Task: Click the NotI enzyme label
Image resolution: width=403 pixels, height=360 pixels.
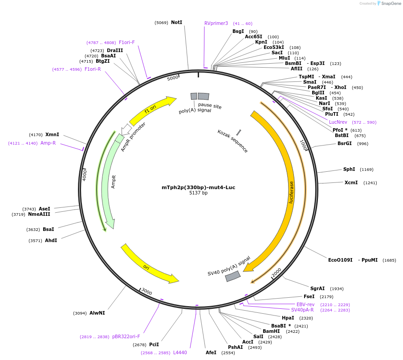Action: pos(176,22)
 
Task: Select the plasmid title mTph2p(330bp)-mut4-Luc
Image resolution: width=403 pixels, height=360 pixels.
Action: pos(198,187)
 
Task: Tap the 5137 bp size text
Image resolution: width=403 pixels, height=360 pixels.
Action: pos(198,193)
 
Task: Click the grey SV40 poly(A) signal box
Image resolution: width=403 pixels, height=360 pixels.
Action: pos(232,276)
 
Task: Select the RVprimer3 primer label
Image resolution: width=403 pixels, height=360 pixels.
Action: pos(216,23)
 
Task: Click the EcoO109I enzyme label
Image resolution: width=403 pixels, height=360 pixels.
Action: pos(340,260)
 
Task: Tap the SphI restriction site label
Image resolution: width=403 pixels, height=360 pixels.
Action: pos(349,169)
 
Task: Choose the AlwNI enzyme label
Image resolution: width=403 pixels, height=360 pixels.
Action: pos(97,313)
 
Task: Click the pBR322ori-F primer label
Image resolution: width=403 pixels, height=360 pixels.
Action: pos(126,336)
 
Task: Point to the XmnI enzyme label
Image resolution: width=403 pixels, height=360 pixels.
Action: pos(52,134)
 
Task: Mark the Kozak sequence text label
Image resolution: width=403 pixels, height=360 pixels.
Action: pos(232,141)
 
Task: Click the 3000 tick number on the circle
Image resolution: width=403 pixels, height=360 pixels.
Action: pos(147,292)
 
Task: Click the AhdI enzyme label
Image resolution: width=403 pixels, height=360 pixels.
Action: pos(51,240)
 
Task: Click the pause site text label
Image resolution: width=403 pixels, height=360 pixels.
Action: pos(210,106)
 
